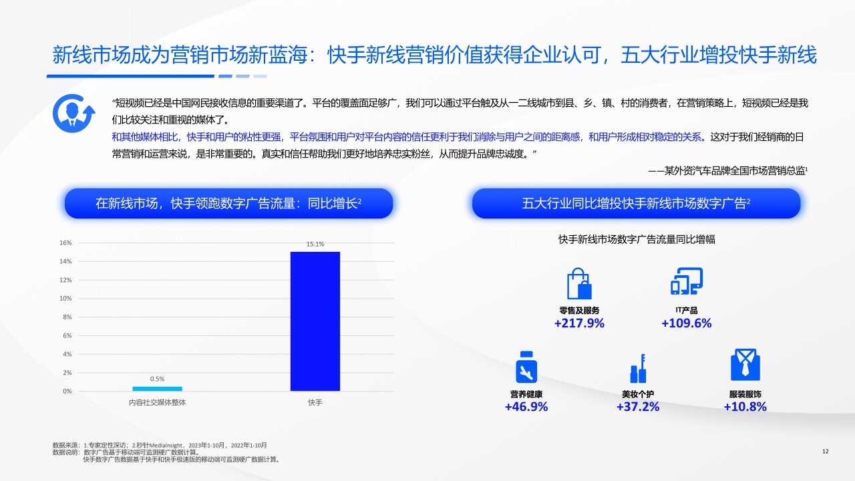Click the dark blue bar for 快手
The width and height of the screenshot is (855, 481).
(315, 321)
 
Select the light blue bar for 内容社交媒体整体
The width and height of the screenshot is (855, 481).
(157, 389)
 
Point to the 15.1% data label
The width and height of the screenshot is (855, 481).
(315, 245)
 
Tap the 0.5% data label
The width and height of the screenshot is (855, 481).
(157, 379)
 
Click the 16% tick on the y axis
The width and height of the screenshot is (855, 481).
(65, 243)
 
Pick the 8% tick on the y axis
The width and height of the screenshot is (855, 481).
(66, 317)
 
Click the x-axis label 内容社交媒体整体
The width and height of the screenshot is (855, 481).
(158, 403)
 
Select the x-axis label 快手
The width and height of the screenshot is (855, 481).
(315, 403)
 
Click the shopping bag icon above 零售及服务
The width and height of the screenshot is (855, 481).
(578, 284)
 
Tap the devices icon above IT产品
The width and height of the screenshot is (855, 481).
(687, 282)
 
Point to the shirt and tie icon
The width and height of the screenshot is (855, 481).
(745, 365)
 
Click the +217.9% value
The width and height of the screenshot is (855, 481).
(579, 323)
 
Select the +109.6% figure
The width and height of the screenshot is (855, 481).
(686, 323)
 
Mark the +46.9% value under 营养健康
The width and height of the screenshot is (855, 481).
(526, 407)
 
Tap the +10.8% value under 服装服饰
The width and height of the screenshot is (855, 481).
(745, 407)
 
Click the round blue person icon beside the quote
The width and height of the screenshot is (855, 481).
(73, 113)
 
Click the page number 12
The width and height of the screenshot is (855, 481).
(825, 452)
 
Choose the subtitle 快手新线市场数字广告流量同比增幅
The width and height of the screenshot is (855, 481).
(637, 239)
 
